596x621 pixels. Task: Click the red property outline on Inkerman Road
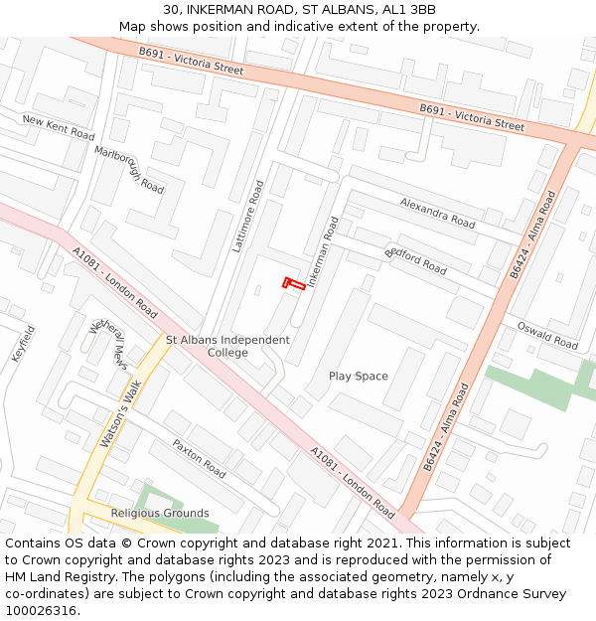pyautogui.click(x=293, y=283)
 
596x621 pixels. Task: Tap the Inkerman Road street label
pyautogui.click(x=324, y=252)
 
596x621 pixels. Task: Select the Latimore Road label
pyautogui.click(x=247, y=216)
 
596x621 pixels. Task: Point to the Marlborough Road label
pyautogui.click(x=129, y=170)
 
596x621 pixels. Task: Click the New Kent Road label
pyautogui.click(x=59, y=127)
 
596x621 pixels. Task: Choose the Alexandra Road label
pyautogui.click(x=437, y=213)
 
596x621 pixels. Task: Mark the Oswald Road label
pyautogui.click(x=546, y=335)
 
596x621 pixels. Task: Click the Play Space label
pyautogui.click(x=359, y=377)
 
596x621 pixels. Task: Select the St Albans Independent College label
pyautogui.click(x=227, y=346)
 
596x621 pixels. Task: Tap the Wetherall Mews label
pyautogui.click(x=108, y=342)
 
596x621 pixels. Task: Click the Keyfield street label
pyautogui.click(x=23, y=343)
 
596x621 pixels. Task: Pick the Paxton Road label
pyautogui.click(x=199, y=457)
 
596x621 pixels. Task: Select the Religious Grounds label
pyautogui.click(x=160, y=514)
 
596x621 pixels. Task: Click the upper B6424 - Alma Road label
pyautogui.click(x=532, y=234)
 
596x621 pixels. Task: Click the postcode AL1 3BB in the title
pyautogui.click(x=409, y=10)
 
